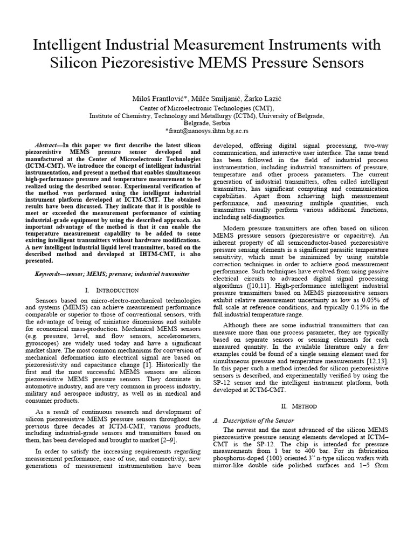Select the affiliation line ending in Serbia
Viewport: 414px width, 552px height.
pyautogui.click(x=206, y=123)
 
